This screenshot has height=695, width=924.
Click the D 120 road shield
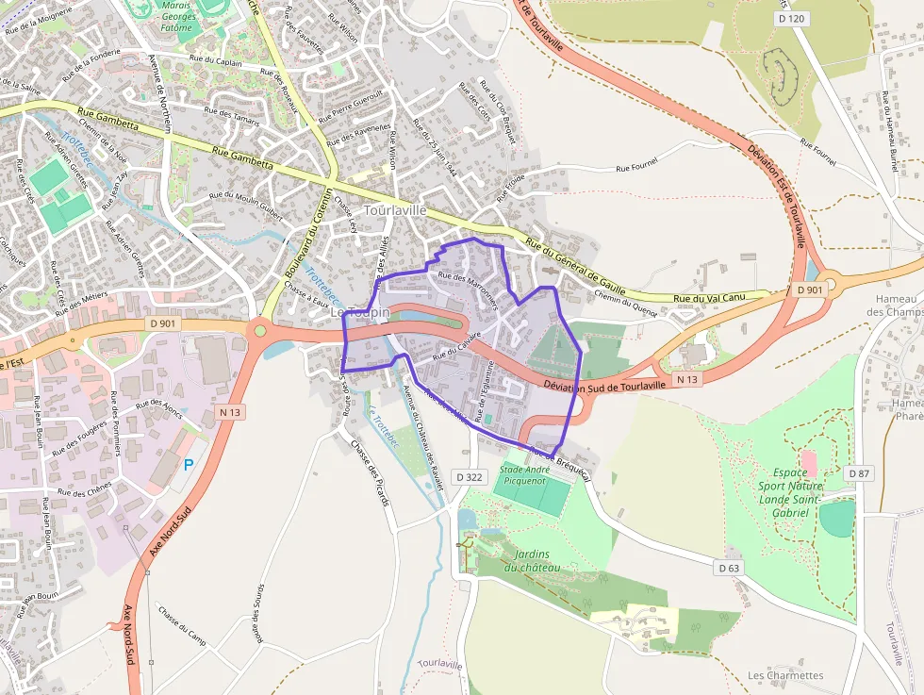[794, 18]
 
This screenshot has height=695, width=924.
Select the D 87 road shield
[858, 472]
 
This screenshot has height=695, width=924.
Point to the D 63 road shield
[728, 568]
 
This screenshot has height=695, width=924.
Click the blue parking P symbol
[188, 464]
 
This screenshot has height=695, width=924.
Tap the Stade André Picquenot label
[523, 474]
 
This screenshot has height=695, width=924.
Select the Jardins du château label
[532, 560]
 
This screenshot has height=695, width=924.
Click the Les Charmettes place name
[785, 675]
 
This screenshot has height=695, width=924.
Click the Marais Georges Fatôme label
[175, 16]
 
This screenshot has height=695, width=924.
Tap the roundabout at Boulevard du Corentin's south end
[260, 330]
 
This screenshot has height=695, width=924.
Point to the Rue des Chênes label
[86, 491]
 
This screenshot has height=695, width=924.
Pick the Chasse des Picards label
[370, 472]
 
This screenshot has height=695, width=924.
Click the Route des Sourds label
[257, 614]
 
